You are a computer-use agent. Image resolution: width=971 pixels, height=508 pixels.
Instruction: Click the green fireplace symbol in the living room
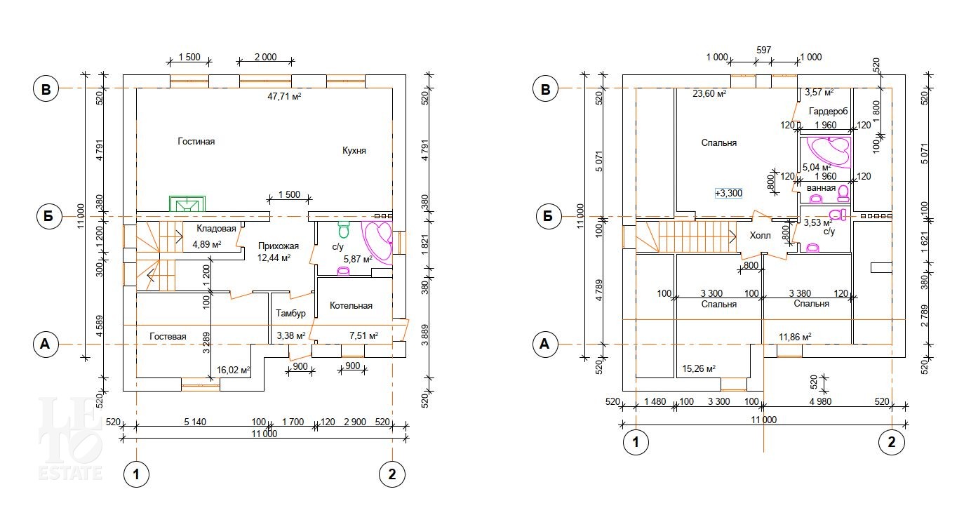tap(187, 203)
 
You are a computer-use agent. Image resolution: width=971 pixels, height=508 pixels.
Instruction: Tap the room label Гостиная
tap(196, 141)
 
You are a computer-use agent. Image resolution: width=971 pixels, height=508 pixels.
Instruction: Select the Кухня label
tap(354, 150)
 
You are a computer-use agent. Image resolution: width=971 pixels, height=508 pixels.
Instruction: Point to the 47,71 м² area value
tap(284, 96)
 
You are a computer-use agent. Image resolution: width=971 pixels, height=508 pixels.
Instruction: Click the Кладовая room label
tap(216, 229)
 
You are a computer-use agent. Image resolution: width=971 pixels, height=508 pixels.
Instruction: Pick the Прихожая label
tap(279, 246)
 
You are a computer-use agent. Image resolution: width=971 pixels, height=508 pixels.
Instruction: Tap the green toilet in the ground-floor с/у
tap(344, 229)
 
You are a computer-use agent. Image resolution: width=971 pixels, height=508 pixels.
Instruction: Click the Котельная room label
tap(351, 306)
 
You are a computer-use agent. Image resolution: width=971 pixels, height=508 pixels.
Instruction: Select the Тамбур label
tap(291, 313)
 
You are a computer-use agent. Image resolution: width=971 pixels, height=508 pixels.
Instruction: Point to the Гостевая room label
tap(168, 336)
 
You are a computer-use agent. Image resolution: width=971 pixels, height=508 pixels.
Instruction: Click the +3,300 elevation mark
tap(729, 193)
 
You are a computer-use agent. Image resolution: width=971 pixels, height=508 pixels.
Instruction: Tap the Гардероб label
tap(829, 112)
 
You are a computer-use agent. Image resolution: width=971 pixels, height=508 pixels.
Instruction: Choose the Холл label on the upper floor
tap(761, 235)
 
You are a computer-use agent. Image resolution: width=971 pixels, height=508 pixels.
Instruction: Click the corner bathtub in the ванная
tap(831, 152)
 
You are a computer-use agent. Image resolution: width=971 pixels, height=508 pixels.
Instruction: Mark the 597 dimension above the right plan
tap(764, 51)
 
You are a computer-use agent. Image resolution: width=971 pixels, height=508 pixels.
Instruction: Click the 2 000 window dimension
tap(266, 57)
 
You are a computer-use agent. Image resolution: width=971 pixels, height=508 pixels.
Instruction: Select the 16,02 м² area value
tap(234, 370)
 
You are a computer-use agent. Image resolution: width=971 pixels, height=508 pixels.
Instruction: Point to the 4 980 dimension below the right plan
tap(821, 402)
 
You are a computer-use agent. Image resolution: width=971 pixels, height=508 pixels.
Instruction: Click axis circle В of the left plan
tap(46, 89)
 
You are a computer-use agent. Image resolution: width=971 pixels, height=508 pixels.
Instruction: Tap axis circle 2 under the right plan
tap(892, 442)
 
